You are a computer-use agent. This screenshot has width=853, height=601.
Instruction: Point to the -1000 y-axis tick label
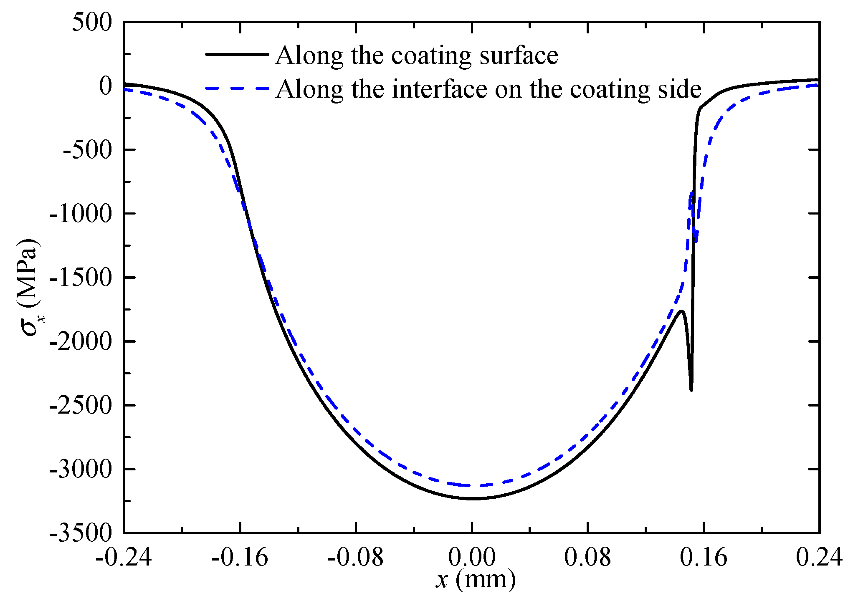[x=81, y=214]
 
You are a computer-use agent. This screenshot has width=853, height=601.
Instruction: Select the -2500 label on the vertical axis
[x=81, y=406]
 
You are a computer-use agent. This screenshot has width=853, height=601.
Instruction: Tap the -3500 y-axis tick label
[x=81, y=533]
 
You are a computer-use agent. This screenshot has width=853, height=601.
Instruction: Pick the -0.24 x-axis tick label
[x=124, y=558]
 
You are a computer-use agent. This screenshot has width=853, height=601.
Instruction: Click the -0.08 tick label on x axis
[x=355, y=558]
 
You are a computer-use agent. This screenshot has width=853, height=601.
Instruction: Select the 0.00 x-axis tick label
[x=472, y=558]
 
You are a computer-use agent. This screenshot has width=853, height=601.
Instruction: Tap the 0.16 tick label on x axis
[x=704, y=558]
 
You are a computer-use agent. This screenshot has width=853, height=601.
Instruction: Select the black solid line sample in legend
[x=237, y=54]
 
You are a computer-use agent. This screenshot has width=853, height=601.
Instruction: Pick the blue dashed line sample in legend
[x=237, y=88]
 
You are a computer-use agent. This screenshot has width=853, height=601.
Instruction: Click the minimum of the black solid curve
[x=473, y=499]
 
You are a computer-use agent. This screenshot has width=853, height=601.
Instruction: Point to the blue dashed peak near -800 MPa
[x=692, y=193]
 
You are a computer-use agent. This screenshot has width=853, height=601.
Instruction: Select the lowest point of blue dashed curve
[x=472, y=485]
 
